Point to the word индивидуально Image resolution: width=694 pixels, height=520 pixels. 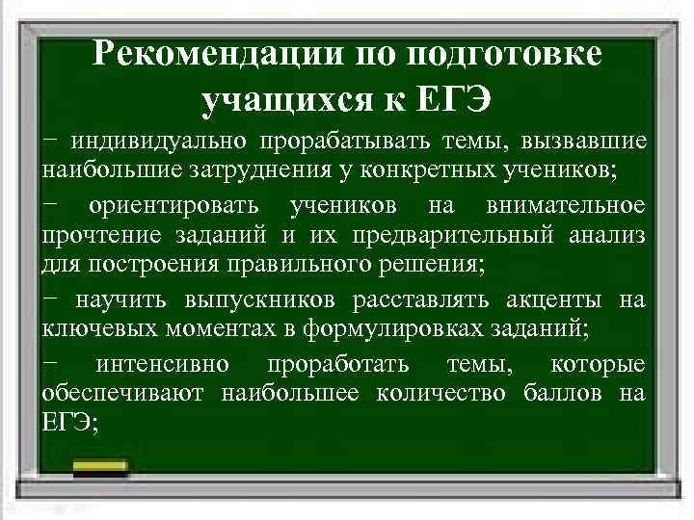point(153,143)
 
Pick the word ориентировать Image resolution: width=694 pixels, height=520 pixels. point(174,206)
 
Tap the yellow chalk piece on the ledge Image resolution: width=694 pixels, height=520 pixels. point(100,468)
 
